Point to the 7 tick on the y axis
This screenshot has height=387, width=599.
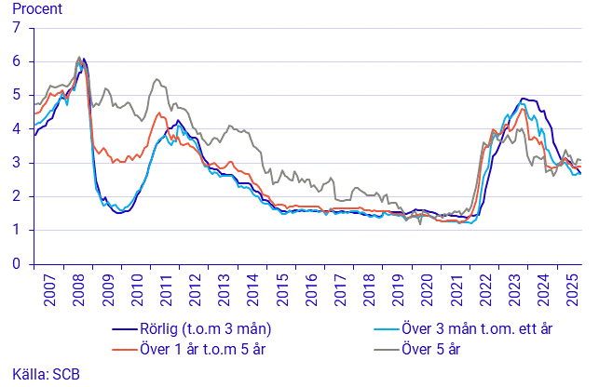click(15, 28)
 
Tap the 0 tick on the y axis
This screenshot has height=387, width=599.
click(15, 264)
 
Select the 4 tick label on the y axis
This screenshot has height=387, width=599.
click(15, 129)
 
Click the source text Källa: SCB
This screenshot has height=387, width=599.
click(40, 374)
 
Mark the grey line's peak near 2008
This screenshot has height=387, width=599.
click(79, 57)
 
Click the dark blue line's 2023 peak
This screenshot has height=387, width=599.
click(524, 99)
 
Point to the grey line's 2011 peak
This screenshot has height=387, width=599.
click(156, 79)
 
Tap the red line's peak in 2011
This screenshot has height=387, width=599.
click(159, 113)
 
